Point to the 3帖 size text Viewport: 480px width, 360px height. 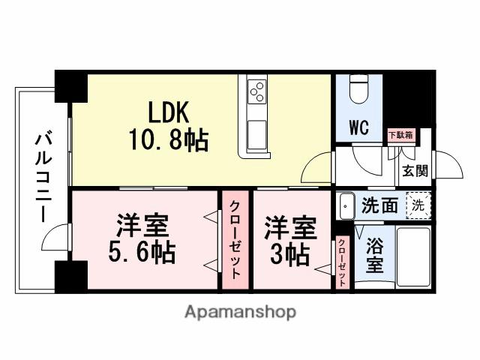coord(289,255)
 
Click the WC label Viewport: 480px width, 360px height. coord(358,127)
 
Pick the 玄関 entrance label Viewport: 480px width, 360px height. coord(414,171)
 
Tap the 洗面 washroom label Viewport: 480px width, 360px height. coord(379,205)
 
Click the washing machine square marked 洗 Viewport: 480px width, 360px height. coord(418,203)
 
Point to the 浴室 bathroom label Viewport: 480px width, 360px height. coord(375,255)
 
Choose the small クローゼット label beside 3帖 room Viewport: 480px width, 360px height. coord(342,261)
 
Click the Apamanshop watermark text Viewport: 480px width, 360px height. coord(239,311)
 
